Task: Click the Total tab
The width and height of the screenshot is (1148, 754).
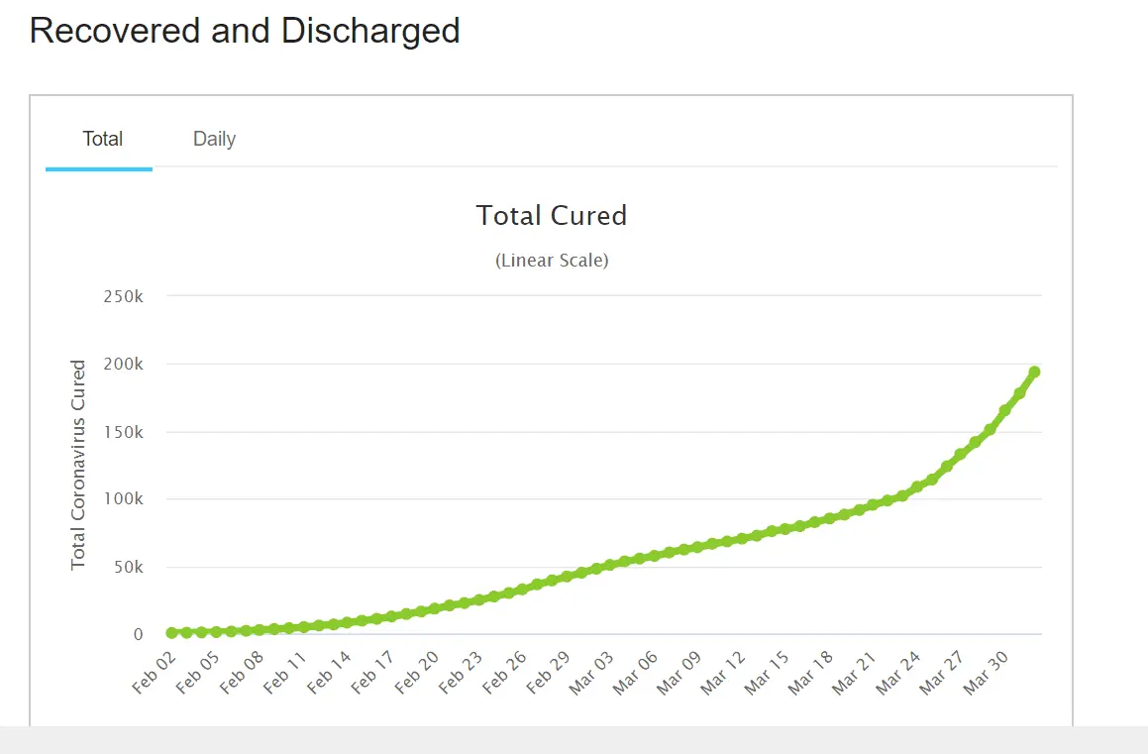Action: [102, 139]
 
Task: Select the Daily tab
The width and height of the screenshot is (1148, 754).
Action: [214, 139]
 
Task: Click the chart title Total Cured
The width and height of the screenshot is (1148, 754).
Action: [552, 216]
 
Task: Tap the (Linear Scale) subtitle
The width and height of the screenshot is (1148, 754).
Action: [552, 261]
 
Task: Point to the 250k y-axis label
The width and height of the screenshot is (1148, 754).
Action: [124, 296]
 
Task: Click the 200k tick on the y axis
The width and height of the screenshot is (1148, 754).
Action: [124, 365]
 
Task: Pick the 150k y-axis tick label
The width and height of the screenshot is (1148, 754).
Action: [124, 433]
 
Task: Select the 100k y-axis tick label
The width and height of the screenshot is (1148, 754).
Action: [124, 499]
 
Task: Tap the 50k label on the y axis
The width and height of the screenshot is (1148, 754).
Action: [128, 568]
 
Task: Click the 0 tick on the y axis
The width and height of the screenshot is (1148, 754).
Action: [139, 635]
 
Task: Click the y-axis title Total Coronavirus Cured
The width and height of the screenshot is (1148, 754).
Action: [78, 465]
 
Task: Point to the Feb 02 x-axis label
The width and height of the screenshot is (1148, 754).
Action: [154, 673]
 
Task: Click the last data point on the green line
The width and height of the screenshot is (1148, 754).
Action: [1034, 373]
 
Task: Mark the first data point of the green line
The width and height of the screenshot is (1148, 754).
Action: [172, 632]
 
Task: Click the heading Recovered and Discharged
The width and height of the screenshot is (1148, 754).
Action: [245, 31]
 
